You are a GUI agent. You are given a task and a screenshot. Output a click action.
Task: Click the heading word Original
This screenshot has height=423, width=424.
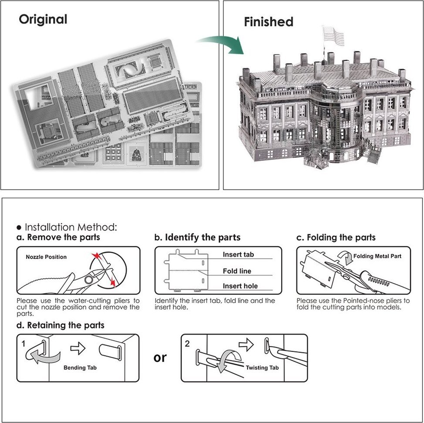coord(43,20)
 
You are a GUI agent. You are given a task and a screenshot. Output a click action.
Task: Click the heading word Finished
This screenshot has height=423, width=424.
coord(268,22)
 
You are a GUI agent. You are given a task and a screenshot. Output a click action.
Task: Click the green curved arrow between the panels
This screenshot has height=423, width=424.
coord(222,43)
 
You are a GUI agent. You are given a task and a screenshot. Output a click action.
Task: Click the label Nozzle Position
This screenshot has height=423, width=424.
coord(46,257)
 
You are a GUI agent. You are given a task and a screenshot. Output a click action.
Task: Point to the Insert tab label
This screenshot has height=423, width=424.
coord(238,254)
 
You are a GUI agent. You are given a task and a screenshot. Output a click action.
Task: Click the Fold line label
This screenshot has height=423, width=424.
coord(237,271)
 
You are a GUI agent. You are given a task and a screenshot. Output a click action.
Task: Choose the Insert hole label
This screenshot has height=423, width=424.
coord(240,286)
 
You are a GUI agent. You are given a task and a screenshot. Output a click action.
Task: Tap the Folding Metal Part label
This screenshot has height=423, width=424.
coord(377,256)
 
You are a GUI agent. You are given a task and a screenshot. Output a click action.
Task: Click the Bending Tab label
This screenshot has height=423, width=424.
coord(80,368)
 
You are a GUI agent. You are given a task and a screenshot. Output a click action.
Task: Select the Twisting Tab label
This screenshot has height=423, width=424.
coord(262,368)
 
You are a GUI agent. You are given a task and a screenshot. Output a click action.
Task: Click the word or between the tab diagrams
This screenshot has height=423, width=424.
coord(160,358)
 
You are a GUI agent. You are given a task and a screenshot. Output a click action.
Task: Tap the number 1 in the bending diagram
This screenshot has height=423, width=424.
coord(23,344)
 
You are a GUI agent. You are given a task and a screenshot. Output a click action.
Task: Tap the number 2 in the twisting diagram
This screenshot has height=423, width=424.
coord(187,344)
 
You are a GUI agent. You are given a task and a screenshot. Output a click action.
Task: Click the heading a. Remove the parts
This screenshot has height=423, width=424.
coord(58,237)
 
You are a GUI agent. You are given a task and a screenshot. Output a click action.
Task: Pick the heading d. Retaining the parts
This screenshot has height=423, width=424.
coord(60,325)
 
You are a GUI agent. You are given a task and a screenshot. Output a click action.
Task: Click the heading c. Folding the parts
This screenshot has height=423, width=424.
coord(336,237)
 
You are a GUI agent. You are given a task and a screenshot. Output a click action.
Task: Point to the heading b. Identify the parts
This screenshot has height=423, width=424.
coord(197,237)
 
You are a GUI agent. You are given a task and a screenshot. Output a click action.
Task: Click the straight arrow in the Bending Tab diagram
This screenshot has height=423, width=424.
coord(78,348)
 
